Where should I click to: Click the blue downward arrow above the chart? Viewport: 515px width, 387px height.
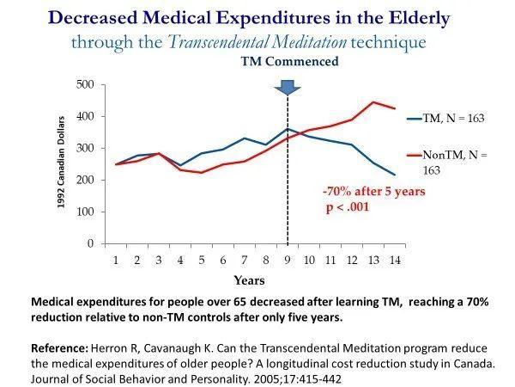pyautogui.click(x=288, y=87)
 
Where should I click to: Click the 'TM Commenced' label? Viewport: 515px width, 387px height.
pyautogui.click(x=289, y=62)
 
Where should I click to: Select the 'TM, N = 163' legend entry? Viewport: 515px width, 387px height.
pyautogui.click(x=445, y=118)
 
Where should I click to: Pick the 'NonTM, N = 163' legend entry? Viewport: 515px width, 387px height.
pyautogui.click(x=447, y=163)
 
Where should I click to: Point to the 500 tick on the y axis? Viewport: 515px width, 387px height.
pyautogui.click(x=85, y=84)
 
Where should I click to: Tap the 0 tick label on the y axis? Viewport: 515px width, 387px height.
pyautogui.click(x=90, y=243)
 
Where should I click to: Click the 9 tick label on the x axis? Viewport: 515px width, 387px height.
pyautogui.click(x=288, y=261)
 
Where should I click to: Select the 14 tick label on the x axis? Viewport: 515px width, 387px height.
pyautogui.click(x=395, y=261)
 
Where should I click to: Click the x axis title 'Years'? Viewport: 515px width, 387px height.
pyautogui.click(x=249, y=280)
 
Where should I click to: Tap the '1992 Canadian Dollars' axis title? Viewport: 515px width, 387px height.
pyautogui.click(x=61, y=163)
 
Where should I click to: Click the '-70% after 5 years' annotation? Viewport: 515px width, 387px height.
pyautogui.click(x=374, y=191)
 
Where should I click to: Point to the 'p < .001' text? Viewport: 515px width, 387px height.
pyautogui.click(x=348, y=207)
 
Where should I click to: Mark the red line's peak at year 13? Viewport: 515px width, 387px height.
pyautogui.click(x=373, y=102)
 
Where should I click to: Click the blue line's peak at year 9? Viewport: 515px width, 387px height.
pyautogui.click(x=288, y=129)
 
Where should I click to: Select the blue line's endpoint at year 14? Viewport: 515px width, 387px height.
pyautogui.click(x=395, y=175)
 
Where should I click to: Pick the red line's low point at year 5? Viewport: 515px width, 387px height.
pyautogui.click(x=202, y=173)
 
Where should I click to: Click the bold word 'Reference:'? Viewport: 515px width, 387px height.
pyautogui.click(x=59, y=348)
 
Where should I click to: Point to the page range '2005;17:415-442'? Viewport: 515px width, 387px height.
pyautogui.click(x=295, y=379)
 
